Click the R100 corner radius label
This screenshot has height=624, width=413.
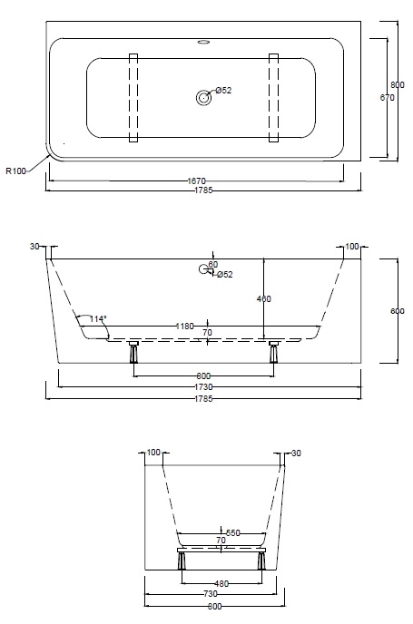(16, 170)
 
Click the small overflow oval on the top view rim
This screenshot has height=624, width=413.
(202, 41)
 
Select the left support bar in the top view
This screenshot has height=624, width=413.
(134, 98)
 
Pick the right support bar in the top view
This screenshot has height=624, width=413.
(273, 98)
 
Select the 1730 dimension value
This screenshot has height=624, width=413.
(203, 386)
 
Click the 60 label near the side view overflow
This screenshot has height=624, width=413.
(213, 265)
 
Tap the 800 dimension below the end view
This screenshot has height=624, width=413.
(215, 606)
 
